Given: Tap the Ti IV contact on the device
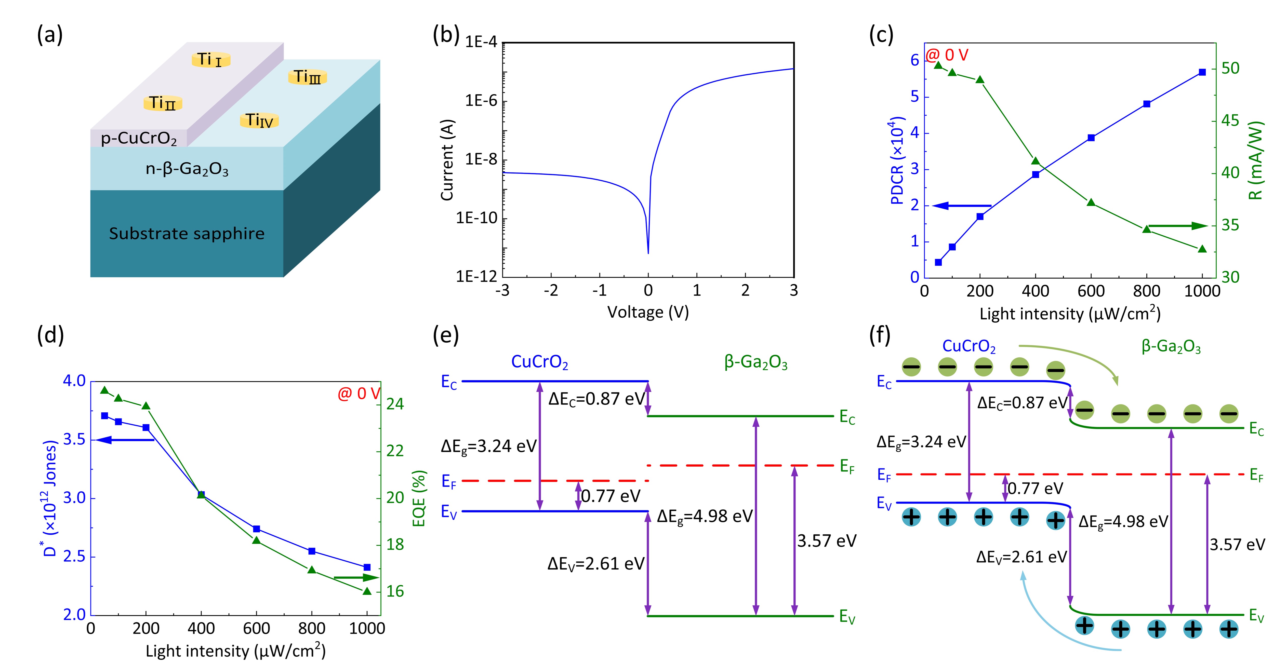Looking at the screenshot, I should [x=259, y=120].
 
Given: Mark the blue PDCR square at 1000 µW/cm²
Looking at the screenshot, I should [x=1202, y=72].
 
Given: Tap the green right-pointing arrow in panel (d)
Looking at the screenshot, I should [x=356, y=577].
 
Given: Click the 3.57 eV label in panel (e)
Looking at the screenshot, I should [x=826, y=541].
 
